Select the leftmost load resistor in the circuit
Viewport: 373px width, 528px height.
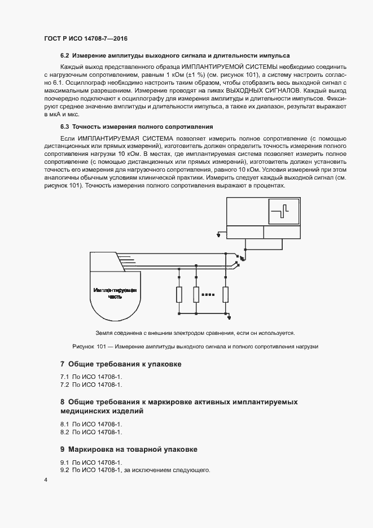(179, 295)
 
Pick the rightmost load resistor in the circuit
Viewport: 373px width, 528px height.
(226, 295)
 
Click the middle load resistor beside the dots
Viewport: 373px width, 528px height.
(196, 295)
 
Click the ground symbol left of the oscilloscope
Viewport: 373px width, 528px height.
(219, 233)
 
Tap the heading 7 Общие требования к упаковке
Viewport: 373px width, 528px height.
(121, 364)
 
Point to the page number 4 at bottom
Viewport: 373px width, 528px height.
(46, 479)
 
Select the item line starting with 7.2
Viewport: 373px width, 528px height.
(91, 385)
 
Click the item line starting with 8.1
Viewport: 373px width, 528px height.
(91, 423)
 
